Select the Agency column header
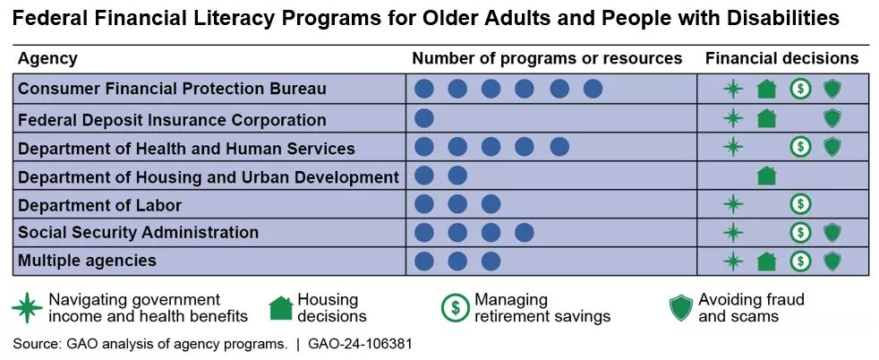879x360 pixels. coord(47,58)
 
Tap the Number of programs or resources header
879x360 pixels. coord(547,58)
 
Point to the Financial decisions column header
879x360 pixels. coord(781,58)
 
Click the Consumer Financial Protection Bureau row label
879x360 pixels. coord(172,89)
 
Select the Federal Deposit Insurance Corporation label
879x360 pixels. coord(172,119)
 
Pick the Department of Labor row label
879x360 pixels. coord(99,205)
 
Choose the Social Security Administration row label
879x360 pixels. coord(138,233)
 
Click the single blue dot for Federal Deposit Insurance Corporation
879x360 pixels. coord(425,118)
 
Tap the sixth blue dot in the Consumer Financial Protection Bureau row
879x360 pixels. coord(593,89)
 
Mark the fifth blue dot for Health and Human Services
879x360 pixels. coord(559,147)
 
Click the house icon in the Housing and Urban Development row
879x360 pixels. coord(766,176)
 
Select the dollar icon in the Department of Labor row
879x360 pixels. coord(799,204)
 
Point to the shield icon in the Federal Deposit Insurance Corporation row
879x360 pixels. coord(832,118)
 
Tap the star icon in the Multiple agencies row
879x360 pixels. coord(733,261)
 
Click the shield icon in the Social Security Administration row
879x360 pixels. coord(832,233)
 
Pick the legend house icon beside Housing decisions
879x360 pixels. coord(281,308)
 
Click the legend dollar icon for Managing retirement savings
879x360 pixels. coord(455,307)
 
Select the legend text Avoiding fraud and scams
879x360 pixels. coord(751,307)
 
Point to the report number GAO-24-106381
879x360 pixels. coord(360,344)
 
